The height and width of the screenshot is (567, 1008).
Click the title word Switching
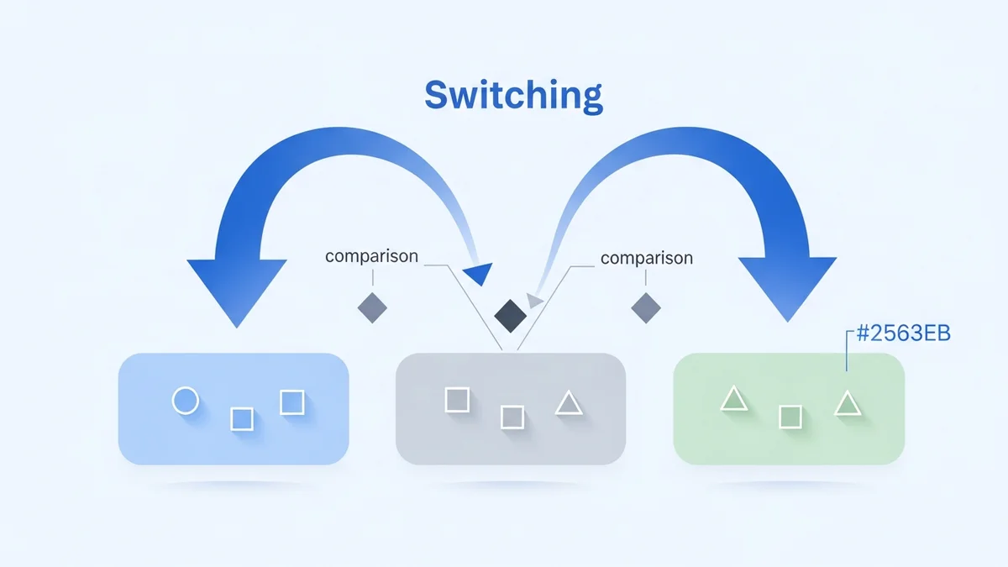pos(513,95)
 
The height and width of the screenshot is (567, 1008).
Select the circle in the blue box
pos(185,401)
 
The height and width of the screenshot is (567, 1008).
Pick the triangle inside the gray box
pos(569,404)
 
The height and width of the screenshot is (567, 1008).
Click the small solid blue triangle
pos(477,272)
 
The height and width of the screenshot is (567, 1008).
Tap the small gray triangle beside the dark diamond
pos(534,299)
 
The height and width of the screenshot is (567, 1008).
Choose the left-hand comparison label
pos(371,256)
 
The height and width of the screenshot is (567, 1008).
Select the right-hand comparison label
pos(647,258)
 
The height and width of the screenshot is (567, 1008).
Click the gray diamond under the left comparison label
pos(372,307)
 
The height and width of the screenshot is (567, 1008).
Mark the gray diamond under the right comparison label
pos(646,307)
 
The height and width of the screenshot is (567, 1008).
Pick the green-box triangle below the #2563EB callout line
pos(847,404)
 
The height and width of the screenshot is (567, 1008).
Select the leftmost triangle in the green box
pos(733,399)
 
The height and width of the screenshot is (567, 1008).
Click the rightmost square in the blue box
pos(291,402)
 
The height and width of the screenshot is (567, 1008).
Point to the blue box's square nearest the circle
pos(241,418)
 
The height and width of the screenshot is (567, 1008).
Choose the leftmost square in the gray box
pos(457,400)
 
